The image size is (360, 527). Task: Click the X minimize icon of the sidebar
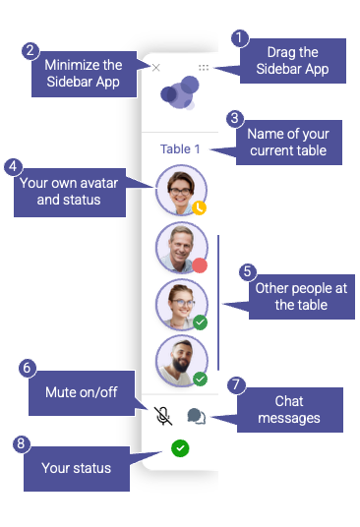pyautogui.click(x=155, y=68)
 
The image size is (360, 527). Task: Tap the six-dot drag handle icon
pyautogui.click(x=204, y=68)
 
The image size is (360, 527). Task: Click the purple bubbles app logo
pyautogui.click(x=180, y=92)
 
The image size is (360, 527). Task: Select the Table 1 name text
pyautogui.click(x=180, y=148)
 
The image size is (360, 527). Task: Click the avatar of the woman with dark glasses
pyautogui.click(x=181, y=190)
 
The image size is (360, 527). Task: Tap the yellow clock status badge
pyautogui.click(x=200, y=207)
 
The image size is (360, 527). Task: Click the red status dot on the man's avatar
pyautogui.click(x=200, y=265)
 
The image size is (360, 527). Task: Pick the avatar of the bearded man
pyautogui.click(x=182, y=361)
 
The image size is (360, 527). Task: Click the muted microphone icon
pyautogui.click(x=163, y=416)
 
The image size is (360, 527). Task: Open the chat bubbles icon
pyautogui.click(x=197, y=416)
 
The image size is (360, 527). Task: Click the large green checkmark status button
pyautogui.click(x=180, y=448)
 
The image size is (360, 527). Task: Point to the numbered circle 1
pyautogui.click(x=240, y=38)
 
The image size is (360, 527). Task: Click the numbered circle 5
pyautogui.click(x=248, y=271)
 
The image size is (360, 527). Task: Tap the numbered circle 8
pyautogui.click(x=22, y=444)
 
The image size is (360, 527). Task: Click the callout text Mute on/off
pyautogui.click(x=82, y=392)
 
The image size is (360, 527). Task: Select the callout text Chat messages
pyautogui.click(x=289, y=410)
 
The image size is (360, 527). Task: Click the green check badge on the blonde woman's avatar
pyautogui.click(x=200, y=322)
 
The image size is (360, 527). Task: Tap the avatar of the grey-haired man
pyautogui.click(x=182, y=248)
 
